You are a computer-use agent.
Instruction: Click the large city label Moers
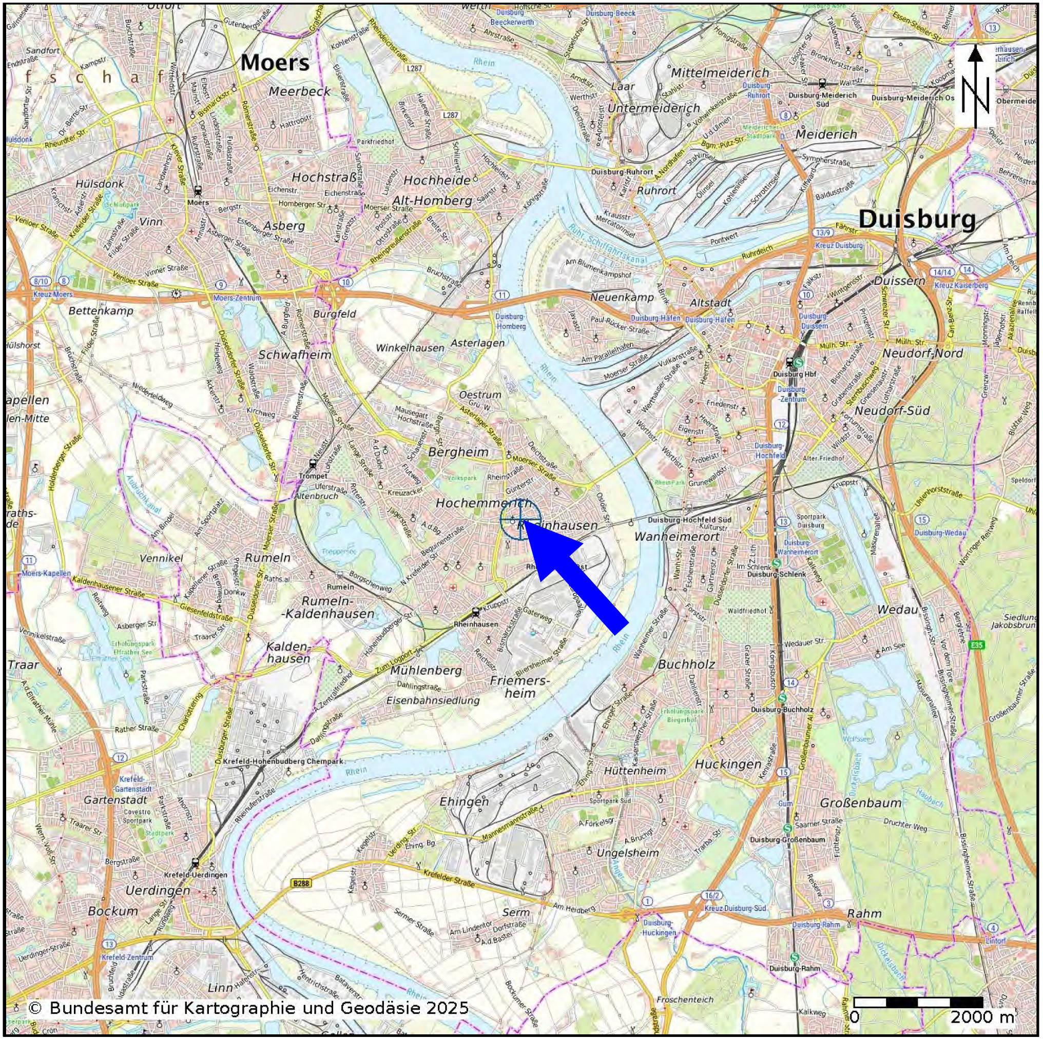pos(275,63)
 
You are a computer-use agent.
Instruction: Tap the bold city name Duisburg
pos(917,219)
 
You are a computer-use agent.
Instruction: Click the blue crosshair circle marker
pos(520,519)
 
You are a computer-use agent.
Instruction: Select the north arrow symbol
pos(974,86)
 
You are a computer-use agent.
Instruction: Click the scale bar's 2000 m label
pos(982,1017)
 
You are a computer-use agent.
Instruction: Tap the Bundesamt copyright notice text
pos(248,1008)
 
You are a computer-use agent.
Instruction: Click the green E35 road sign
pos(976,645)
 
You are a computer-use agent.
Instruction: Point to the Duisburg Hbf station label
pos(794,374)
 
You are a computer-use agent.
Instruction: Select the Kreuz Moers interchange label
pos(53,295)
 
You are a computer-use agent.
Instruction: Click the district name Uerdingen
pos(157,891)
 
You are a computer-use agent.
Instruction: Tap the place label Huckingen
pos(727,764)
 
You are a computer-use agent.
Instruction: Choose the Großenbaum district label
pos(861,803)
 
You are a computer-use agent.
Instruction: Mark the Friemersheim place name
pos(519,687)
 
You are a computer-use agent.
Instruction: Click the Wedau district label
pos(897,610)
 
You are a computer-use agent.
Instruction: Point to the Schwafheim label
pos(294,355)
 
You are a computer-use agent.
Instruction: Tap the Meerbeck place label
pos(299,92)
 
